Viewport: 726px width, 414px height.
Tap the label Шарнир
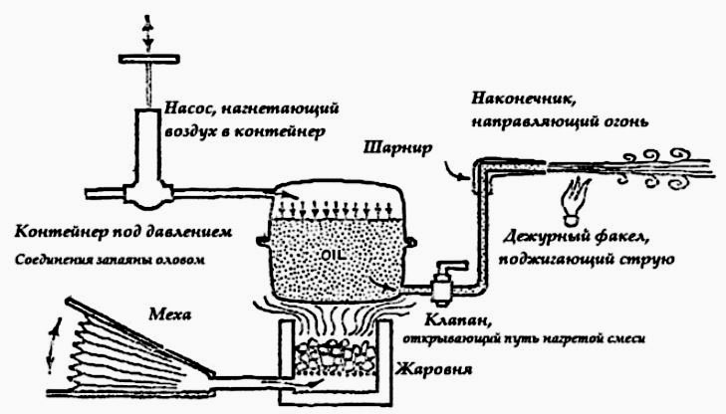pos(398,148)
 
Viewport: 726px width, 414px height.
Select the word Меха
pos(170,314)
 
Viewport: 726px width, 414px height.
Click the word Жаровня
pos(433,369)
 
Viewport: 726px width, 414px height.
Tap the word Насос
pos(190,109)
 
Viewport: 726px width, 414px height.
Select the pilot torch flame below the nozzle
pos(575,198)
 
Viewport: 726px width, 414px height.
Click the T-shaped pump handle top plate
pos(149,59)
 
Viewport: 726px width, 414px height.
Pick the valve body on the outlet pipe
pos(443,286)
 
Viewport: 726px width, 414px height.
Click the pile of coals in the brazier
pos(335,355)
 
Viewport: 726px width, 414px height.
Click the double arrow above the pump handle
pos(147,33)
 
